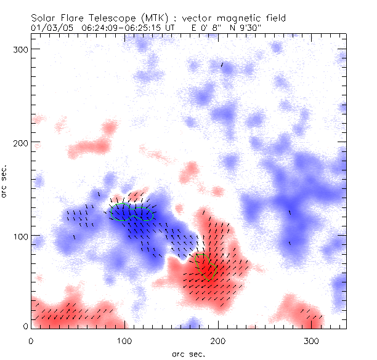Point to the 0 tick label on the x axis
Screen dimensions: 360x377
pyautogui.click(x=31, y=340)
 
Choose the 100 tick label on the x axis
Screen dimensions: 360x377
pyautogui.click(x=124, y=340)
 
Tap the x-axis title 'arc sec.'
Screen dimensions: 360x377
pyautogui.click(x=188, y=354)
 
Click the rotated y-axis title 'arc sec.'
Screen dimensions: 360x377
pyautogui.click(x=5, y=182)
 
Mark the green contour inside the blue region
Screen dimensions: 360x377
pyautogui.click(x=131, y=212)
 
